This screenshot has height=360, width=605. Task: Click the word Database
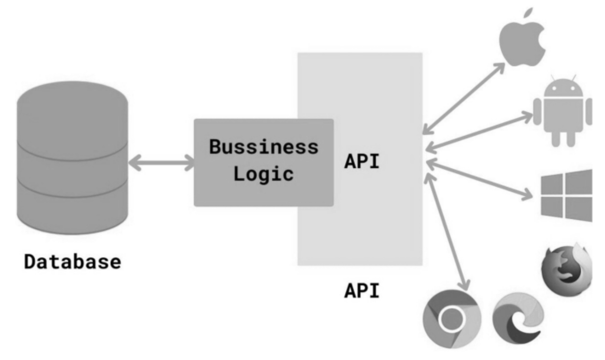coord(72,261)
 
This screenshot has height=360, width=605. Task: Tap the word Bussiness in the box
coord(264,147)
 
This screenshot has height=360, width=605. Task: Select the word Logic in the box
coord(264,174)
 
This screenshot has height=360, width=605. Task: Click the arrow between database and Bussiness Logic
coord(161,164)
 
